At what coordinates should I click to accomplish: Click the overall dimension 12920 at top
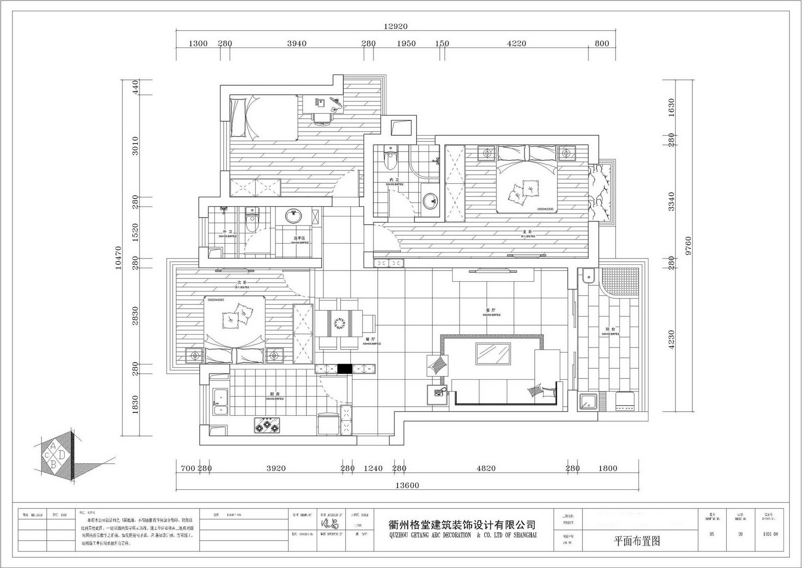click(395, 26)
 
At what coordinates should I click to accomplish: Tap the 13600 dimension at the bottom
click(407, 485)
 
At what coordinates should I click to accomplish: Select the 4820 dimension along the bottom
click(486, 468)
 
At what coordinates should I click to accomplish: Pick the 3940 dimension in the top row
click(297, 43)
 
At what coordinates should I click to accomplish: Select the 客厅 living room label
click(491, 310)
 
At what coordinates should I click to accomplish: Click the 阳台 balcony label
click(610, 329)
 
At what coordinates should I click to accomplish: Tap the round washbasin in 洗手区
click(294, 216)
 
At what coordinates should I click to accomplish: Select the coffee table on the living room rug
click(492, 354)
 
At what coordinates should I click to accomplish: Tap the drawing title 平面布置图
click(636, 541)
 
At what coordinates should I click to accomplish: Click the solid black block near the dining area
click(344, 369)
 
